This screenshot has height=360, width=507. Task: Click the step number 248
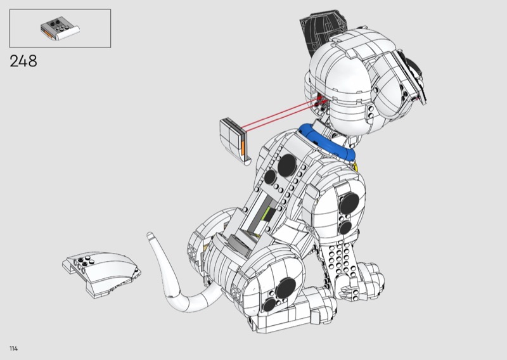point(23,61)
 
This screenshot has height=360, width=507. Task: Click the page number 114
point(13,349)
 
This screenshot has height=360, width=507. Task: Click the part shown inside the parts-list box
point(60,29)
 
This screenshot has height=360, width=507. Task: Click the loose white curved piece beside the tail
point(101,274)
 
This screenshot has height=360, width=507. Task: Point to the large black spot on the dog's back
point(287,165)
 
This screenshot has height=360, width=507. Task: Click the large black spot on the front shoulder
point(350,203)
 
